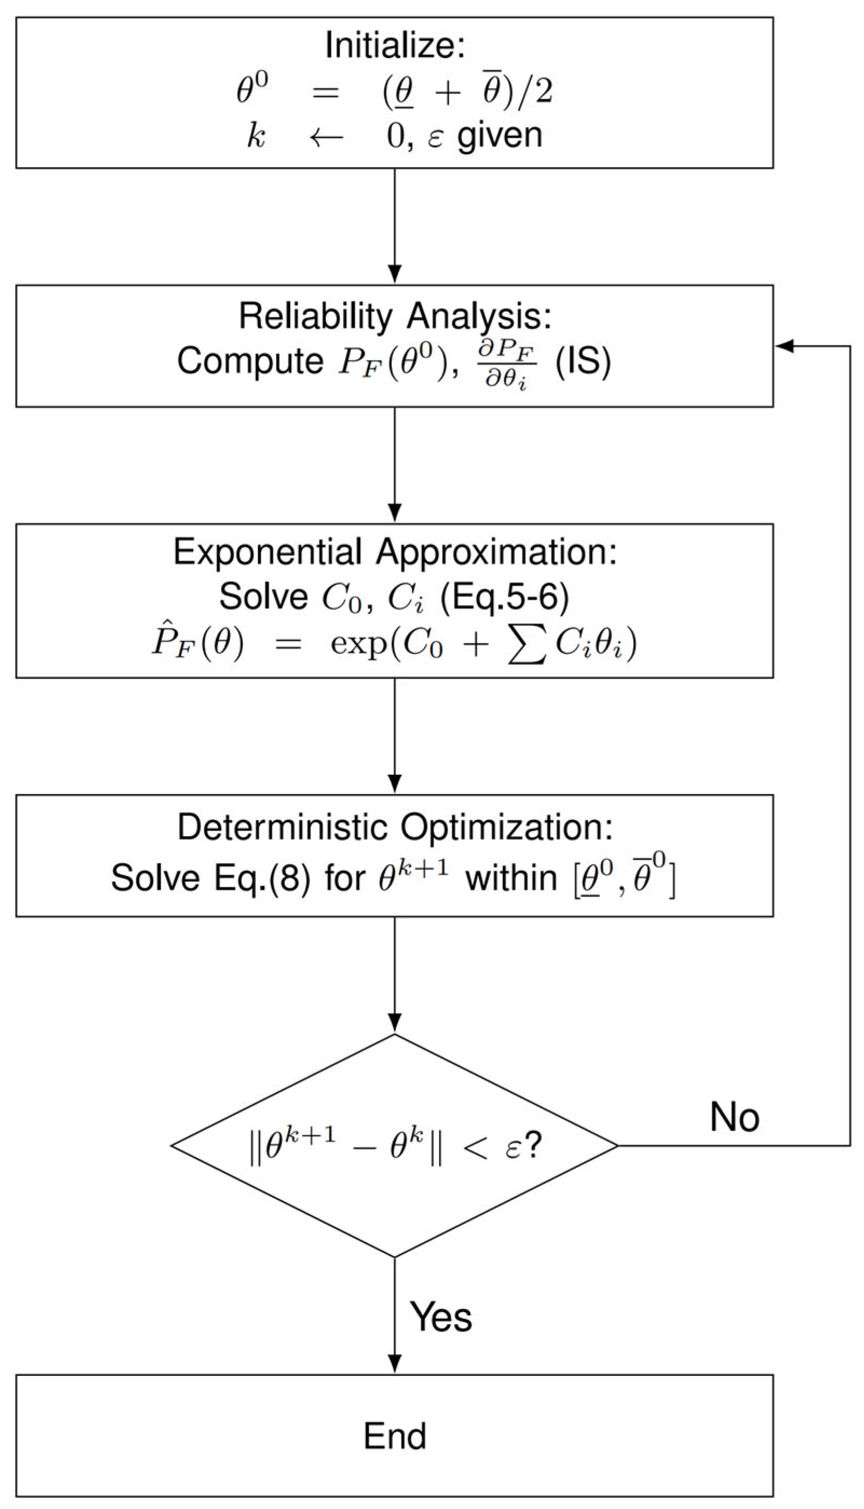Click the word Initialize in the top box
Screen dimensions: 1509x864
pyautogui.click(x=395, y=46)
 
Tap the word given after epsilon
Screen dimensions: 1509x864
pyautogui.click(x=499, y=136)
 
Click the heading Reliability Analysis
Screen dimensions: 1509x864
pyautogui.click(x=395, y=316)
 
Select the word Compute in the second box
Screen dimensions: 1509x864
pyautogui.click(x=250, y=361)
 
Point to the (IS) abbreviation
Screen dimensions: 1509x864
pyautogui.click(x=582, y=361)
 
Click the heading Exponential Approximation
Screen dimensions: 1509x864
pyautogui.click(x=395, y=552)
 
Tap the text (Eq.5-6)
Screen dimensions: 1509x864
pyautogui.click(x=504, y=597)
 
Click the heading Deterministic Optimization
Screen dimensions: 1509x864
pyautogui.click(x=395, y=826)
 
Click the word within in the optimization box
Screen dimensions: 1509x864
pyautogui.click(x=511, y=877)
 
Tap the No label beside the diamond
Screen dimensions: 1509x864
pyautogui.click(x=734, y=1117)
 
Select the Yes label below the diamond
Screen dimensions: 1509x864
pyautogui.click(x=440, y=1318)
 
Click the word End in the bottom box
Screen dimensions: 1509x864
pyautogui.click(x=395, y=1436)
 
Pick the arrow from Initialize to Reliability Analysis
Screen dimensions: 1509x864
pyautogui.click(x=395, y=225)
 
